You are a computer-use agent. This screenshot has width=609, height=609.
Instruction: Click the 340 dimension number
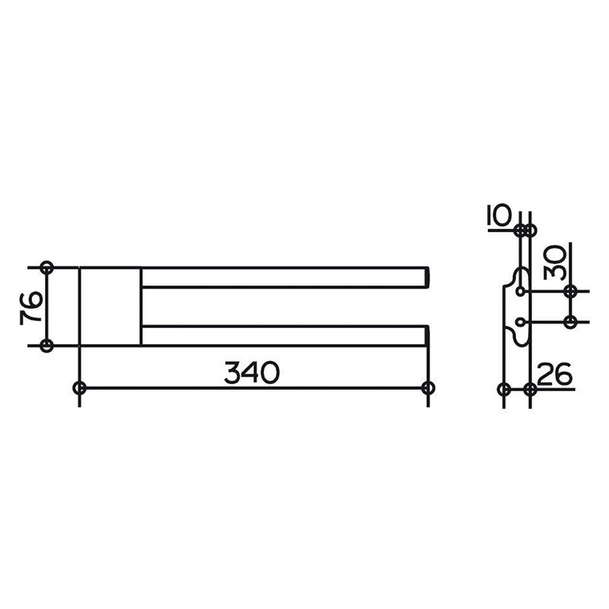click(252, 372)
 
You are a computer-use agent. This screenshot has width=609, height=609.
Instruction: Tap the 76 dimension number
click(31, 307)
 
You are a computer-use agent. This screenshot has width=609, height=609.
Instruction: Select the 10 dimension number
click(499, 215)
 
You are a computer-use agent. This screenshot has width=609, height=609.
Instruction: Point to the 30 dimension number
click(555, 262)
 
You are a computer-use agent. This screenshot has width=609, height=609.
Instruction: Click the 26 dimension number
click(554, 374)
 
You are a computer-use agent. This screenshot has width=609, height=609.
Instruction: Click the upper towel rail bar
click(285, 277)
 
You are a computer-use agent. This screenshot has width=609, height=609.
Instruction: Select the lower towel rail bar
click(285, 336)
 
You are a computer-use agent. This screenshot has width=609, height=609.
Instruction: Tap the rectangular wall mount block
click(110, 306)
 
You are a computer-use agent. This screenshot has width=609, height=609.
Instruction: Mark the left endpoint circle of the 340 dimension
click(79, 387)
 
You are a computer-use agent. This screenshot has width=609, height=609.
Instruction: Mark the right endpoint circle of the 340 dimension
click(428, 387)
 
